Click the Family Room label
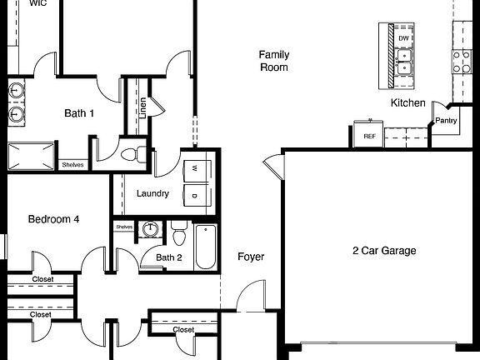point(273,60)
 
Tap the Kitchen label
point(408,103)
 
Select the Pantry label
point(447,121)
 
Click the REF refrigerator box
point(369,134)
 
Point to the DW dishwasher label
point(403,38)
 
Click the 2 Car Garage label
point(384,250)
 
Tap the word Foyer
point(251,257)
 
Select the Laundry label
point(152,194)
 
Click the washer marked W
point(194,169)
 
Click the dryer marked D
point(194,197)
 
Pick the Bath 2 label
point(169,257)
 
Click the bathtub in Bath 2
point(206,247)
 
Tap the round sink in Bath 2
point(150,229)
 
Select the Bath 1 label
point(80,113)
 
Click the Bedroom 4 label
point(53,219)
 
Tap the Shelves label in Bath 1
point(72,165)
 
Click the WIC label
point(37,3)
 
